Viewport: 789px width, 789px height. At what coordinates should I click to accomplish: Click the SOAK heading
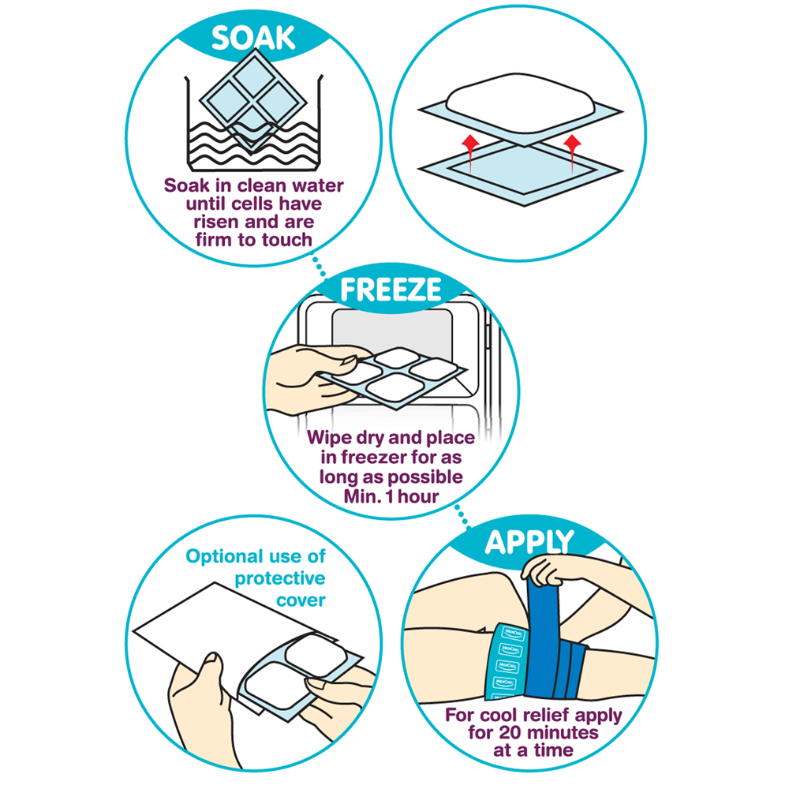(253, 38)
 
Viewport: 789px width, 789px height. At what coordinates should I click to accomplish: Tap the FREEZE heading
(391, 290)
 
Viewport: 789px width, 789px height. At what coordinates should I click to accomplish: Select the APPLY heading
(529, 543)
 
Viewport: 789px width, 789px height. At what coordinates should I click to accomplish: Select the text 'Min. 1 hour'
(391, 496)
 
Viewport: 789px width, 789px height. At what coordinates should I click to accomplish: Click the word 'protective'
(280, 578)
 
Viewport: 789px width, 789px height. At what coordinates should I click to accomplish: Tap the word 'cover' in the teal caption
(301, 600)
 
